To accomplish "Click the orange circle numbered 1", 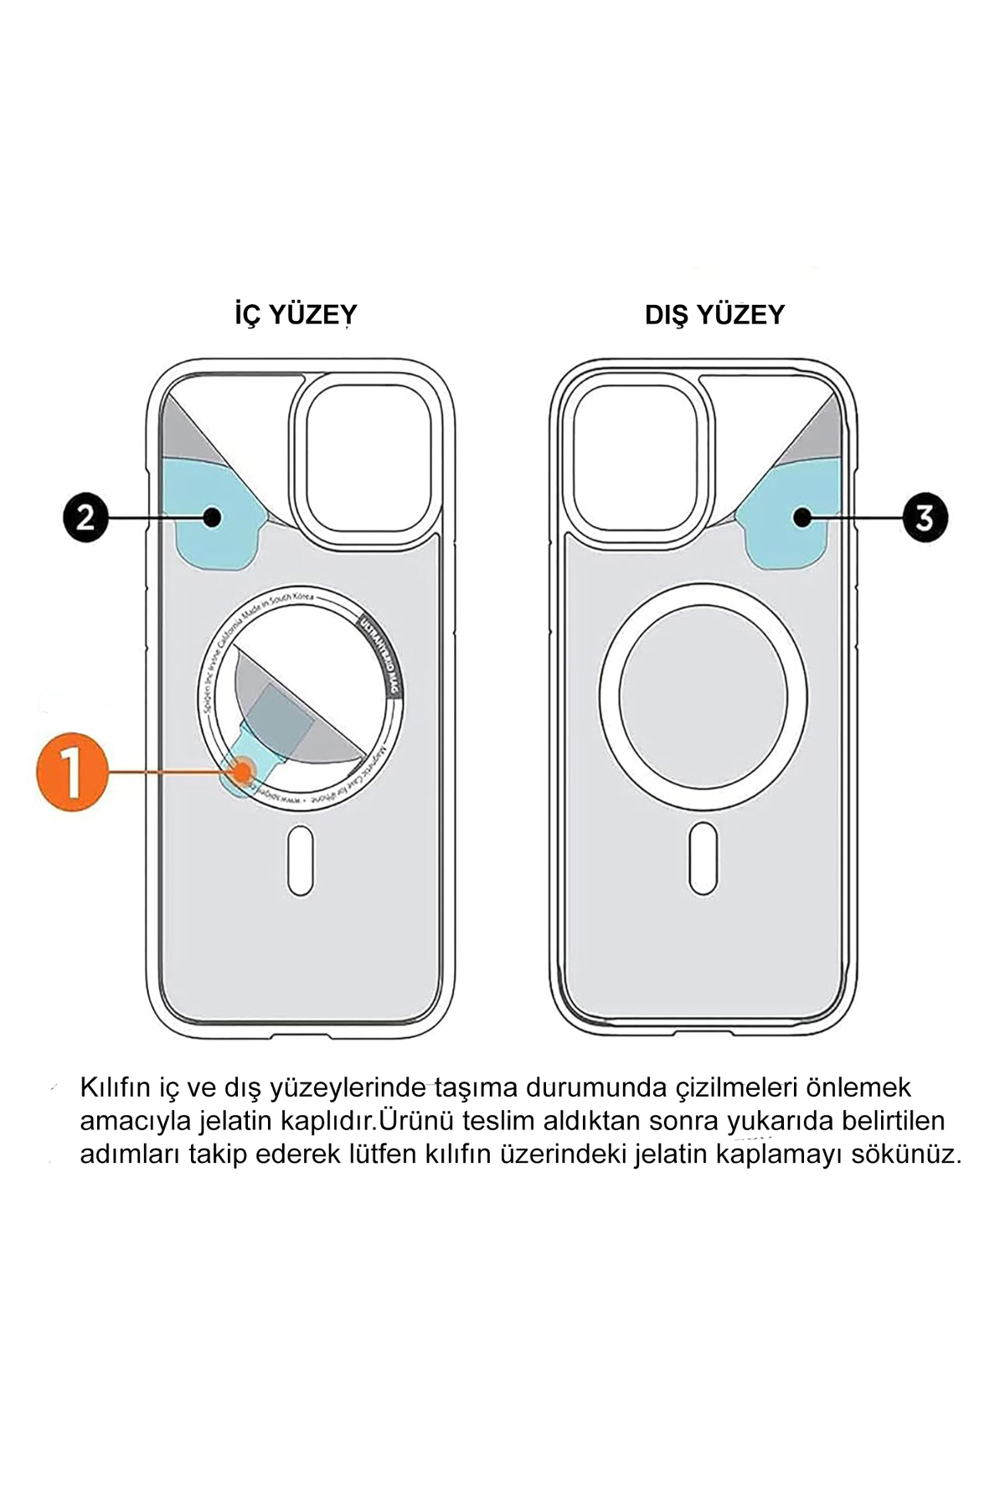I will (72, 772).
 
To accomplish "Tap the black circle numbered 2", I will (85, 518).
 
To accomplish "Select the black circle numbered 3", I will (925, 518).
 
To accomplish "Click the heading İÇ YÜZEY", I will (295, 316).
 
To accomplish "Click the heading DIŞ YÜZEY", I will (714, 316).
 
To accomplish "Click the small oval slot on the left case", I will (301, 860).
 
